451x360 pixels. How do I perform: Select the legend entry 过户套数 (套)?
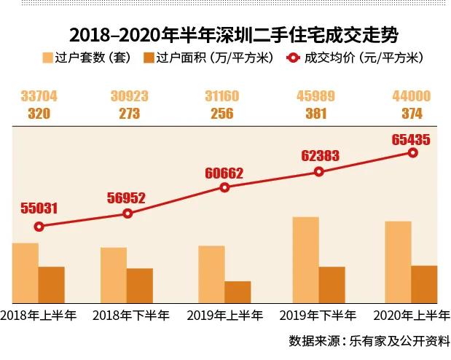[x=87, y=58]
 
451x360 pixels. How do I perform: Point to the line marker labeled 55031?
[x=39, y=227]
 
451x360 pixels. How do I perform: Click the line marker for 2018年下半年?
[x=128, y=214]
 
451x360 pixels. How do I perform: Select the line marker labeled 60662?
[x=224, y=187]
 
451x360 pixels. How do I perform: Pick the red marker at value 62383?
[x=318, y=172]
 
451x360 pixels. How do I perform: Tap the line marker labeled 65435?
[x=412, y=152]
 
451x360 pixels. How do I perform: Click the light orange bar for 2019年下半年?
[x=305, y=259]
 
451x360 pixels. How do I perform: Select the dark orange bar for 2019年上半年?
[x=238, y=291]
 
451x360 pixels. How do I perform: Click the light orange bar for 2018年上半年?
[x=26, y=273]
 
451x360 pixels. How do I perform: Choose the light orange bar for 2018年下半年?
[x=114, y=275]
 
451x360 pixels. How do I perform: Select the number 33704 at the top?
[x=39, y=96]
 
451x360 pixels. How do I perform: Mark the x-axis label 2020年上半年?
[x=411, y=316]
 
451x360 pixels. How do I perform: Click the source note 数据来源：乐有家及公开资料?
[x=369, y=340]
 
